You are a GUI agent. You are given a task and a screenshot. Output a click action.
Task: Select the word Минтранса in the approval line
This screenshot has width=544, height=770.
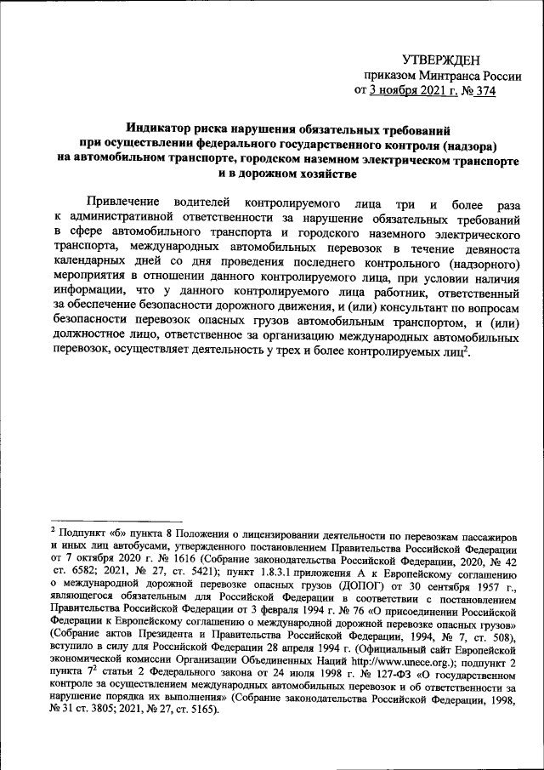point(443,75)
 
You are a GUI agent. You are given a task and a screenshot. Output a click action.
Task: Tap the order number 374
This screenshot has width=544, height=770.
point(485,91)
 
